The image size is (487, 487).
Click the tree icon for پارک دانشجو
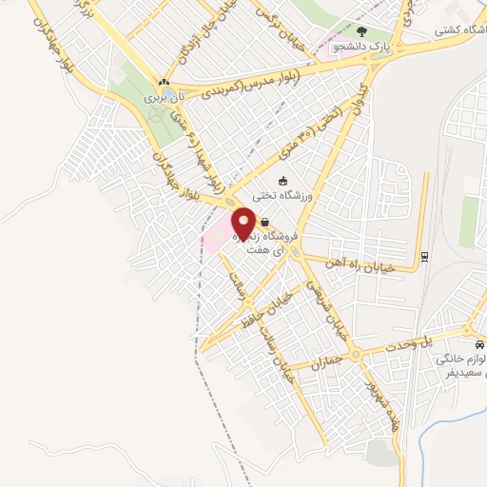[359, 29]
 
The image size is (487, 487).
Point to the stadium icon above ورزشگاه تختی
[282, 181]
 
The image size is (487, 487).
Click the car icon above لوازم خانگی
[478, 344]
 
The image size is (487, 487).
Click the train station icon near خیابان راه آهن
[424, 255]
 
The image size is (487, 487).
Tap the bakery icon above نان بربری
[165, 83]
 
